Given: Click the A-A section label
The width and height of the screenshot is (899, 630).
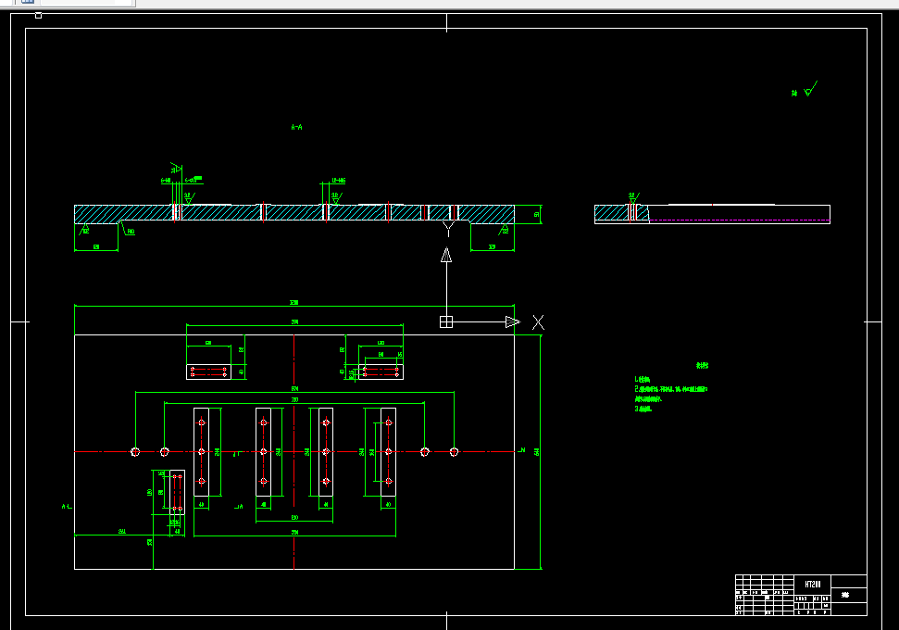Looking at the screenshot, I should [x=296, y=127].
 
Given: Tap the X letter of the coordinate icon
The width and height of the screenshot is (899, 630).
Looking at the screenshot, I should [x=538, y=322].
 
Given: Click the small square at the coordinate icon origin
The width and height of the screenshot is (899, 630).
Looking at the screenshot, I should [x=446, y=322].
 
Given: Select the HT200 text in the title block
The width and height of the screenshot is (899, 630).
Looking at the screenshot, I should [x=812, y=585].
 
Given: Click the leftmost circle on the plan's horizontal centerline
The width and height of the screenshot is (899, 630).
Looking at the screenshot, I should [x=135, y=452].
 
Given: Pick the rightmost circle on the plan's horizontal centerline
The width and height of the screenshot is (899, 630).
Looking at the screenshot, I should [x=454, y=452].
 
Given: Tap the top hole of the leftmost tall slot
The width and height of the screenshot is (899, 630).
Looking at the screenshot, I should [x=201, y=422].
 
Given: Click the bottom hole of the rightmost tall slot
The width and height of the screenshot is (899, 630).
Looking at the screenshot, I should [x=388, y=482].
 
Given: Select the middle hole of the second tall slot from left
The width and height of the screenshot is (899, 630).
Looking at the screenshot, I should [x=263, y=452].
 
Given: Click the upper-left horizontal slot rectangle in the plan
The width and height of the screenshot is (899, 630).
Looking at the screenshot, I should [x=209, y=372].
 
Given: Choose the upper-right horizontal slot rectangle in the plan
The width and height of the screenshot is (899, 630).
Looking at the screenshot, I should [x=381, y=372].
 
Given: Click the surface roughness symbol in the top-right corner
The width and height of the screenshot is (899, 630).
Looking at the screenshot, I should [x=807, y=91].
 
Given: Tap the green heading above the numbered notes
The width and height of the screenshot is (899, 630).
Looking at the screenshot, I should [x=702, y=366].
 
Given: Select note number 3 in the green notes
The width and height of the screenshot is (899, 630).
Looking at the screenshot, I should [x=643, y=409].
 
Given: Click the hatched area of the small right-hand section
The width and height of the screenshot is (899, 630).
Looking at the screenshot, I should [x=611, y=214].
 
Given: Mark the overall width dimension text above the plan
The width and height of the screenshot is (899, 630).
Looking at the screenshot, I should [x=294, y=303].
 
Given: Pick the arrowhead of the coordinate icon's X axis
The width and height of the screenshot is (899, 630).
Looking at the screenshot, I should [x=512, y=322].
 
